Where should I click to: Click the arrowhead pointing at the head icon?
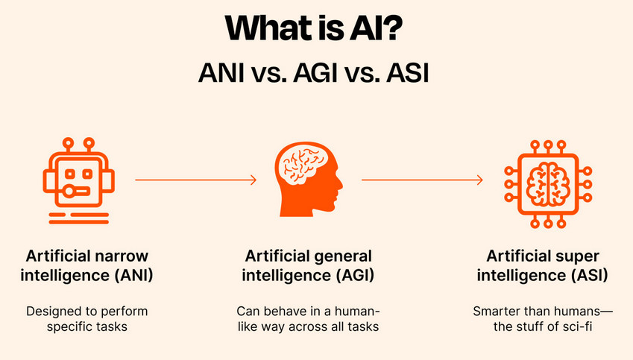pyautogui.click(x=253, y=180)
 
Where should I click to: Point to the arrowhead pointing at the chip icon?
pyautogui.click(x=479, y=180)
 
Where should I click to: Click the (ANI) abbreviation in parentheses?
pyautogui.click(x=130, y=276)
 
